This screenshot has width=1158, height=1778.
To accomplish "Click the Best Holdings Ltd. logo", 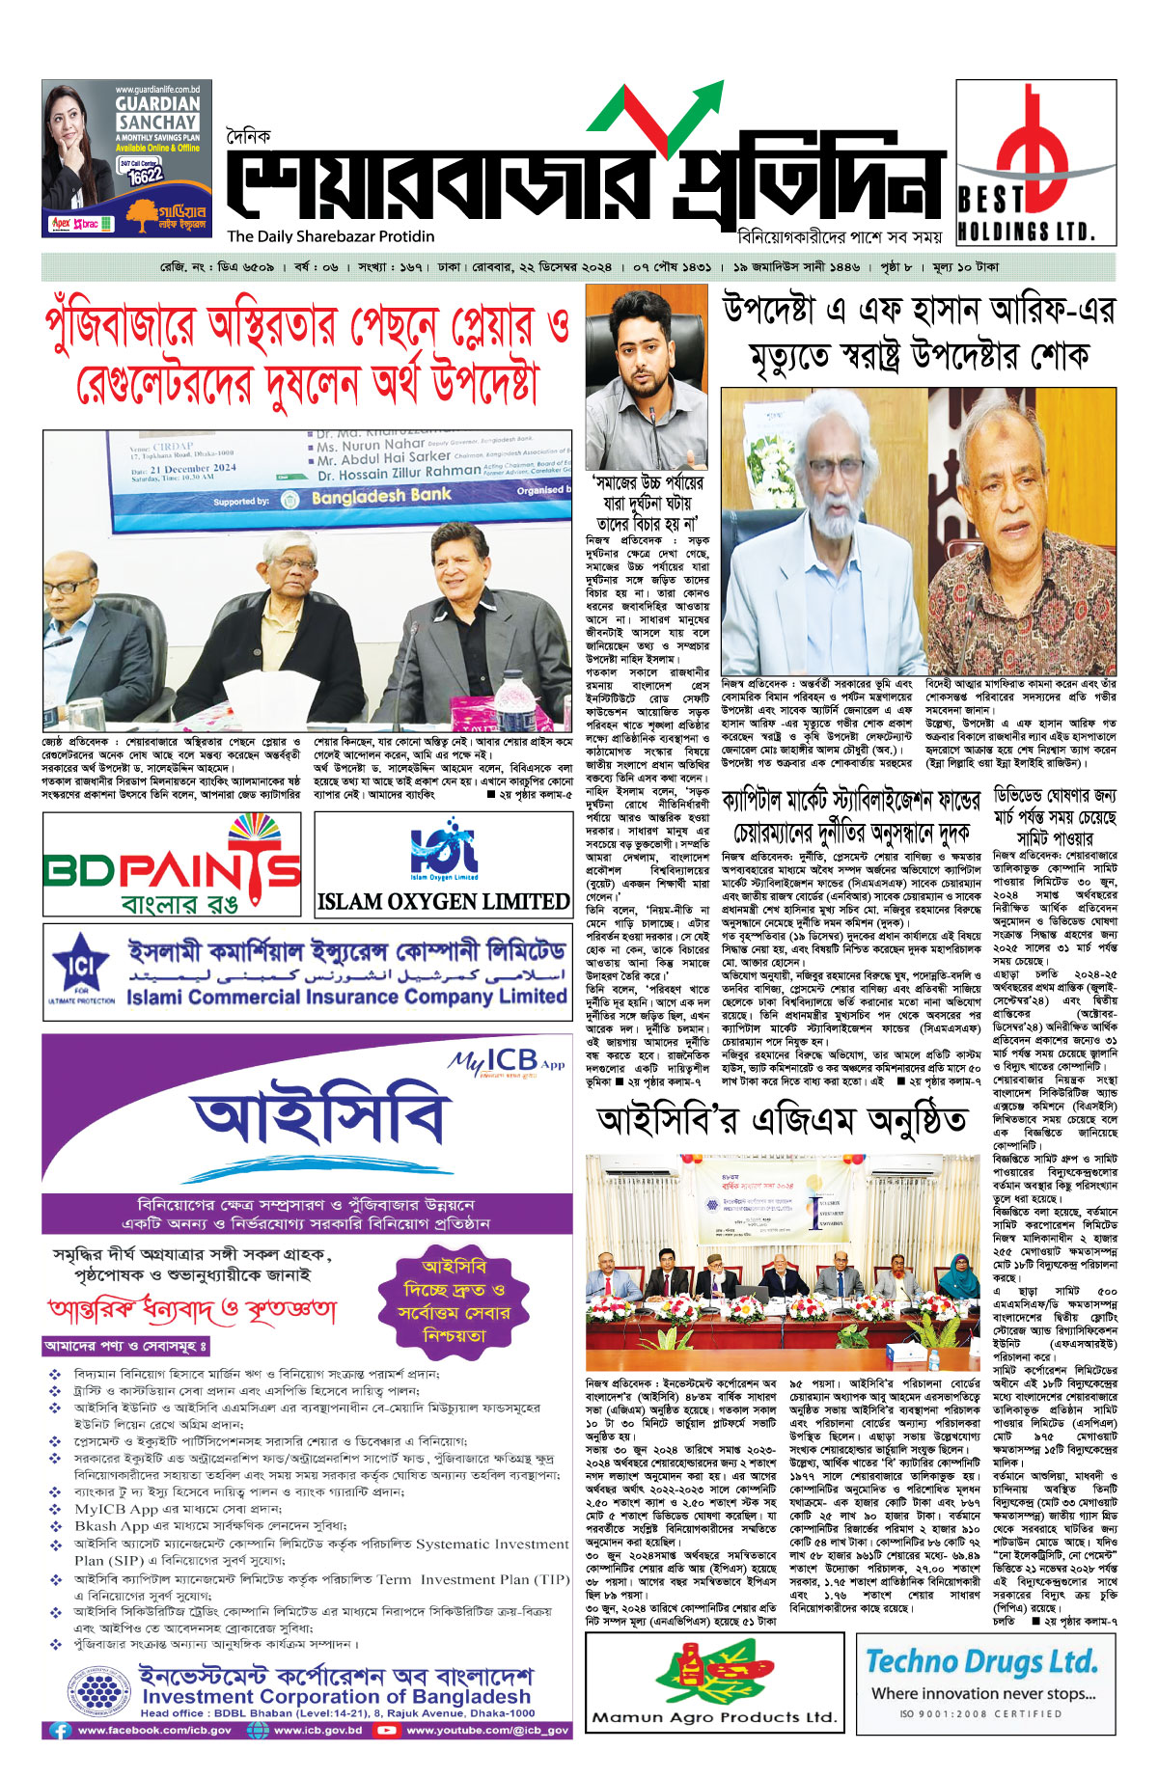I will pyautogui.click(x=1034, y=161).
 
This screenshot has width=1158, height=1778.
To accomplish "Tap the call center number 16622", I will pyautogui.click(x=145, y=177).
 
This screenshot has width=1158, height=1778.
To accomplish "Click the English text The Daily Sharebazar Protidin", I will pyautogui.click(x=331, y=236).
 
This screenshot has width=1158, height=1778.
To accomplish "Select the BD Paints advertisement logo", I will pyautogui.click(x=173, y=863).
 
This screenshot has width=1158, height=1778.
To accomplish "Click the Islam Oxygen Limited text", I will pyautogui.click(x=443, y=902).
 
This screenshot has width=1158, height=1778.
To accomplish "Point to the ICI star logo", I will pyautogui.click(x=81, y=966).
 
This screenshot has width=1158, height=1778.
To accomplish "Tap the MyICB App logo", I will pyautogui.click(x=506, y=1062).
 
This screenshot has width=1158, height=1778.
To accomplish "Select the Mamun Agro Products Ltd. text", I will pyautogui.click(x=714, y=1716).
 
